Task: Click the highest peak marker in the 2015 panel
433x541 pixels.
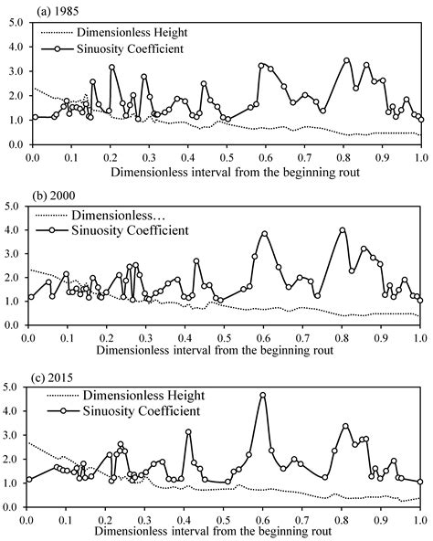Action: [x=263, y=395]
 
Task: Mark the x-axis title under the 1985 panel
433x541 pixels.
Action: [x=225, y=171]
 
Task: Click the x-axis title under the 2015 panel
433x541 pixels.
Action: [x=225, y=532]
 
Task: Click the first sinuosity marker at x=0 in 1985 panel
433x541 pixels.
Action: [x=34, y=117]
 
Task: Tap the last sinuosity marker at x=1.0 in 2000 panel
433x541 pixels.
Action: [x=420, y=299]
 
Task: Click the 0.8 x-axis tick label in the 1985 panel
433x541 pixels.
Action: [x=342, y=156]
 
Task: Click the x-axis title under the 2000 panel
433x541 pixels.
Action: [x=225, y=350]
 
